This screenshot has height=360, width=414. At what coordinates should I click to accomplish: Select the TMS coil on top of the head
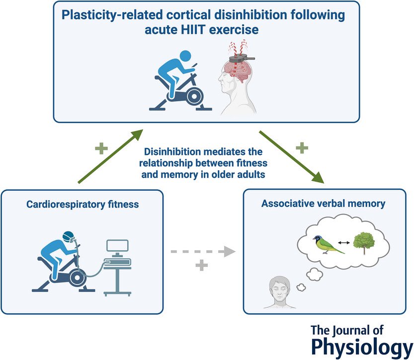pyautogui.click(x=240, y=59)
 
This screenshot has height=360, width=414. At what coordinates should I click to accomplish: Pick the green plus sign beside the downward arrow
pyautogui.click(x=302, y=148)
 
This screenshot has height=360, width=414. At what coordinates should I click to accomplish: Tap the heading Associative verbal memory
pyautogui.click(x=323, y=203)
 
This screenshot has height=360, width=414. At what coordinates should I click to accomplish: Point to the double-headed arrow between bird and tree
pyautogui.click(x=343, y=242)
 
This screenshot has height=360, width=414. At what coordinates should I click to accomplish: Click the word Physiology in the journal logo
pyautogui.click(x=361, y=346)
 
